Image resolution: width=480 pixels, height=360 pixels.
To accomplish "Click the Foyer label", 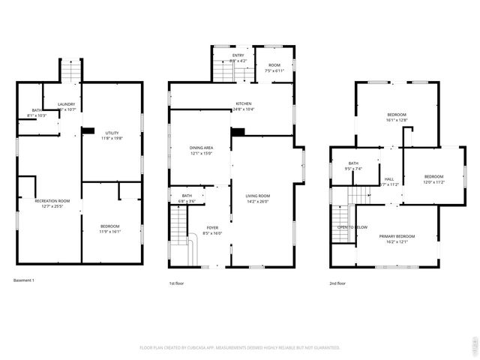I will coord(213,229).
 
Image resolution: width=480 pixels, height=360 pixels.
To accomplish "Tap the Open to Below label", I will coord(352,226).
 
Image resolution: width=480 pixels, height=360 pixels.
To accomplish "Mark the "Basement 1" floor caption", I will coord(24,280).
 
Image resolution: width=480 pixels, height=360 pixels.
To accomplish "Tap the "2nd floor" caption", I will coord(337,283).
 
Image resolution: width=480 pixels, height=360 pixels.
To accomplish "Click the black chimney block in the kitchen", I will coord(238,132).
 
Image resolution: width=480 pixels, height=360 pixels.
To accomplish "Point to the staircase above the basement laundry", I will coord(69,71).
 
